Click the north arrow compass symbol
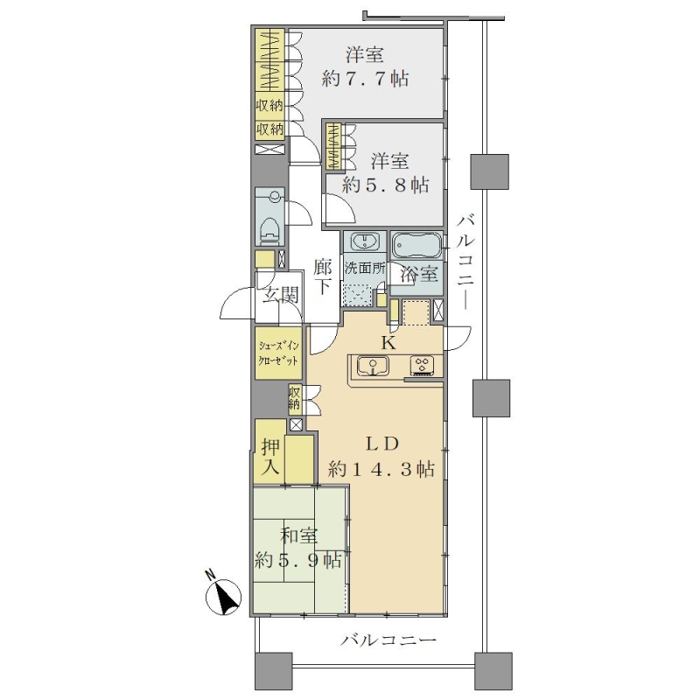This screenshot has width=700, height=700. [x=223, y=597]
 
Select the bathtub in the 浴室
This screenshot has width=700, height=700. [x=416, y=246]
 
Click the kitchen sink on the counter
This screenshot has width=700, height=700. [x=373, y=367]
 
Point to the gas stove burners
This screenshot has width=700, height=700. [x=423, y=365]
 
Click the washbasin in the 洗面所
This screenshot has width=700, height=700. [x=365, y=241]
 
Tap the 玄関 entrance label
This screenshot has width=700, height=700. [x=280, y=295]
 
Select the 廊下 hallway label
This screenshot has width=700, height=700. [x=322, y=276]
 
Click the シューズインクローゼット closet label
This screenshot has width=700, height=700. [x=278, y=353]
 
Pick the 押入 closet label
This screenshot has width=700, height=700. [x=271, y=457]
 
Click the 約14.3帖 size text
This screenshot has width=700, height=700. [x=381, y=469]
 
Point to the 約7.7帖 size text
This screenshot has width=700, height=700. [x=365, y=79]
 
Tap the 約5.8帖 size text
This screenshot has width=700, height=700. [x=385, y=185]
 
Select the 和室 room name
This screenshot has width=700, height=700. [x=298, y=535]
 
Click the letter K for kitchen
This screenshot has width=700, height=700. [x=388, y=343]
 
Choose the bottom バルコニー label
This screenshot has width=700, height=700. [x=388, y=641]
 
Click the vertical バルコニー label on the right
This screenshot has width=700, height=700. [x=467, y=262]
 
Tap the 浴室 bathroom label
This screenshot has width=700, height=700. [x=418, y=274]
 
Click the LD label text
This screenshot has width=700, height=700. [x=382, y=444]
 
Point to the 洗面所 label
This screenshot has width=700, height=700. [x=365, y=269]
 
